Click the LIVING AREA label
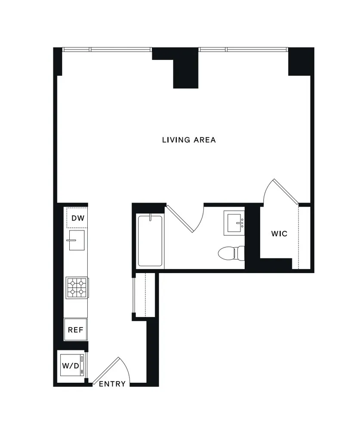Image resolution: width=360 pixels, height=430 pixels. pyautogui.click(x=189, y=140)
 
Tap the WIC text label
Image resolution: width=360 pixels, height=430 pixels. pyautogui.click(x=279, y=234)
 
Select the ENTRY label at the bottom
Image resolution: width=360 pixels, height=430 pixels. pyautogui.click(x=112, y=384)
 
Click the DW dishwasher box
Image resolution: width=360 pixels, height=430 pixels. pyautogui.click(x=77, y=218)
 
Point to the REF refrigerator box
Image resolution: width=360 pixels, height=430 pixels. pyautogui.click(x=76, y=330)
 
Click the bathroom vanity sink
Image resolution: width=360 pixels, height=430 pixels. pyautogui.click(x=234, y=222)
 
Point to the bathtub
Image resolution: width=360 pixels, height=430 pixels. pyautogui.click(x=150, y=241)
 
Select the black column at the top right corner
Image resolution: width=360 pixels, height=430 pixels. pyautogui.click(x=299, y=61)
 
